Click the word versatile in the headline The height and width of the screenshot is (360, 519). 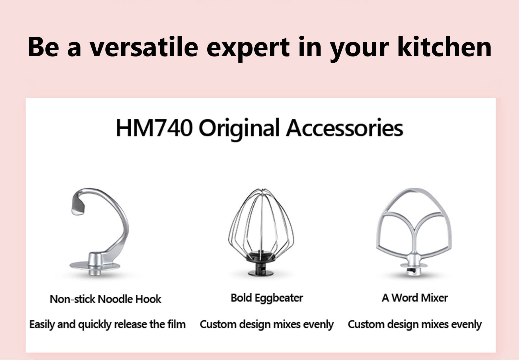[x=144, y=47]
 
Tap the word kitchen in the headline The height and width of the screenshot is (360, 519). [x=444, y=46]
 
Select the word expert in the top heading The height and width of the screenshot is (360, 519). [x=248, y=49]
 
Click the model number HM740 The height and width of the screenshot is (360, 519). [x=154, y=128]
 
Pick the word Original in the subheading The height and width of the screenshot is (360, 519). [x=239, y=129]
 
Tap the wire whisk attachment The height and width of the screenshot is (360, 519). [x=261, y=232]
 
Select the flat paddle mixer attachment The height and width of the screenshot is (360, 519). [x=414, y=231]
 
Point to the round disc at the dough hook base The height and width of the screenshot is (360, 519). [x=95, y=266]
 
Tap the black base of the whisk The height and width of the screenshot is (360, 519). [x=261, y=264]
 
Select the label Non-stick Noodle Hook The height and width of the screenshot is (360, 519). [x=105, y=299]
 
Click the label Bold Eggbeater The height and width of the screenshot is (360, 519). [x=267, y=298]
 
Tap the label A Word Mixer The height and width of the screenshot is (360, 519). [x=415, y=298]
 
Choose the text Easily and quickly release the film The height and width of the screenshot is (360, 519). [x=107, y=324]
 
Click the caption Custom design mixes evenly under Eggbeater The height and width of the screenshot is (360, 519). [x=267, y=324]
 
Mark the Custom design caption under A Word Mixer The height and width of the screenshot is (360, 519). [x=415, y=324]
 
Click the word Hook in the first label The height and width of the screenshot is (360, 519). [x=148, y=299]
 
